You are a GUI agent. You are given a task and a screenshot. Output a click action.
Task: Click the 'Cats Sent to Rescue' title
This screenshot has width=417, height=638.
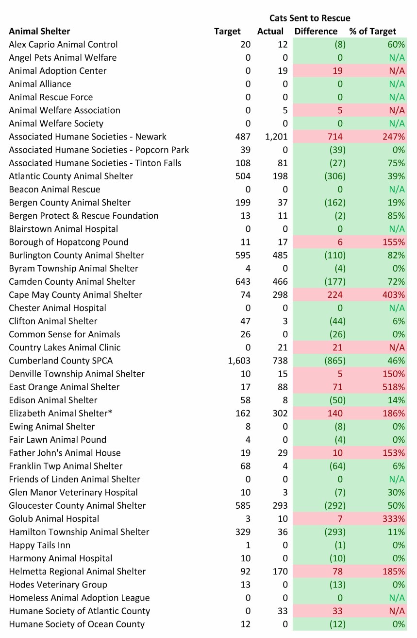[x=310, y=18]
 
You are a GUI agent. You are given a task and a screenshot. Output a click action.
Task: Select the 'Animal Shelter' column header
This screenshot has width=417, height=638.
[x=39, y=32]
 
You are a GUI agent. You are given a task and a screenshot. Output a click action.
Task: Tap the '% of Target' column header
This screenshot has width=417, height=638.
[x=372, y=32]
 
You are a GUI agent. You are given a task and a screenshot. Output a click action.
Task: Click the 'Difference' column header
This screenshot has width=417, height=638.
[x=316, y=32]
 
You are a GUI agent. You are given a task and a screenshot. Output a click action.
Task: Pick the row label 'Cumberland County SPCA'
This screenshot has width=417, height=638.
[x=61, y=361]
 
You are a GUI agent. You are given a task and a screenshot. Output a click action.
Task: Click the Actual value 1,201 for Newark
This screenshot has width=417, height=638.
[x=277, y=137]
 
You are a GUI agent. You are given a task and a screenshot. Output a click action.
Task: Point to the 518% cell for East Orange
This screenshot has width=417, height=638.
[x=393, y=387]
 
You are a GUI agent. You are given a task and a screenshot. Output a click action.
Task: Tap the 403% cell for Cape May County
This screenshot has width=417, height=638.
[x=393, y=294]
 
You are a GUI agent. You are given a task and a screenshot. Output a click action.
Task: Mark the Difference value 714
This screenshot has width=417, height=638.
[x=334, y=137]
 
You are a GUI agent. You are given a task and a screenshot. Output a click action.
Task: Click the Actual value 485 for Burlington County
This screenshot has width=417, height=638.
[x=279, y=255]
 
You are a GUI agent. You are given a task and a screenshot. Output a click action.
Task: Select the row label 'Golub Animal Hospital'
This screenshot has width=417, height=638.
[x=54, y=518]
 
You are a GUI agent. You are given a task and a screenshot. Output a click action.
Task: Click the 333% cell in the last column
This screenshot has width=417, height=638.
[x=393, y=518]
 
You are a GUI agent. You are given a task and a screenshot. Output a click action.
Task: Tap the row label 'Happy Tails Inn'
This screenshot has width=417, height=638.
[x=39, y=545]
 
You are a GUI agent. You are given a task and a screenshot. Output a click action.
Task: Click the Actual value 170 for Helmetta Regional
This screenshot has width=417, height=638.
[x=280, y=571]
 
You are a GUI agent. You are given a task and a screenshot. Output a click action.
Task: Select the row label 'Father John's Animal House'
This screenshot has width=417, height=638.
[x=65, y=453]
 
